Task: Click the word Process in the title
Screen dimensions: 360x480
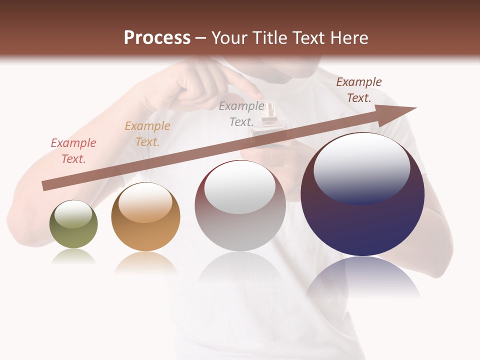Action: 157,38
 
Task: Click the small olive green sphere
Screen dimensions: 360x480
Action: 73,224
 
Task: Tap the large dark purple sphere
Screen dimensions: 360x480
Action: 362,194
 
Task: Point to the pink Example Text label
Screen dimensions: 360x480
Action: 73,151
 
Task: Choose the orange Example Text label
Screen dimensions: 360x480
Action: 147,134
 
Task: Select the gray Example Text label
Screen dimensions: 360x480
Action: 241,114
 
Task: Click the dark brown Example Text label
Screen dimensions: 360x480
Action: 359,90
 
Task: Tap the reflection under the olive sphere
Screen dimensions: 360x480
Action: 73,256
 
